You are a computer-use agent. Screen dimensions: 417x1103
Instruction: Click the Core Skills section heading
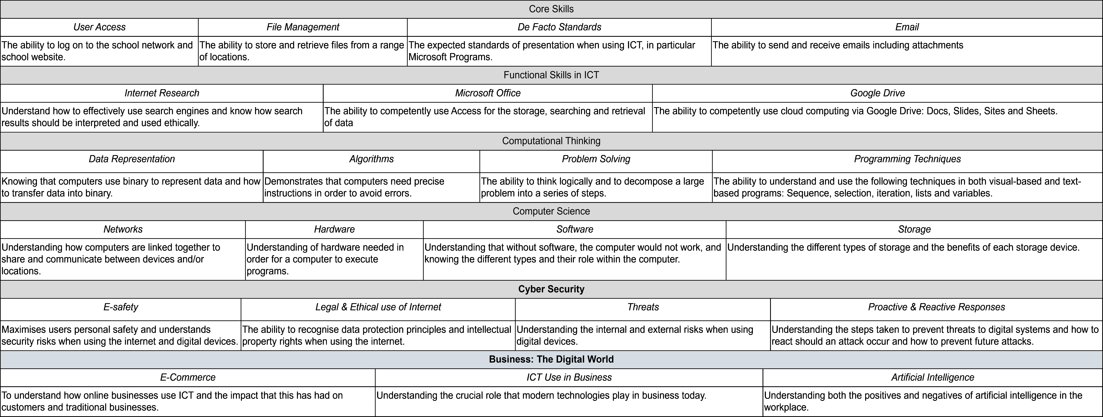coord(551,9)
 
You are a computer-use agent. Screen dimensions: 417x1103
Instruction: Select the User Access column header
coord(99,27)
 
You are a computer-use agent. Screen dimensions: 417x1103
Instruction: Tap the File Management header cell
coord(303,27)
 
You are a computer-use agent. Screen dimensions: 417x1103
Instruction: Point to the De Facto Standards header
coord(559,27)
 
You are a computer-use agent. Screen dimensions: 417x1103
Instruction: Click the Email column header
coord(907,27)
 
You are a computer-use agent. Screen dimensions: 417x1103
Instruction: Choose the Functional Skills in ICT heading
coord(551,75)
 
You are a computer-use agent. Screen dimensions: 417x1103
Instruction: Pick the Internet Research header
coord(162,93)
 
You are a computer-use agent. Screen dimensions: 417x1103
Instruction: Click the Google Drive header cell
coord(877,93)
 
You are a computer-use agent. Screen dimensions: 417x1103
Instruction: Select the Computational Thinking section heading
coord(551,141)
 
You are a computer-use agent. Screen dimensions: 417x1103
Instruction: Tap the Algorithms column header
coord(371,159)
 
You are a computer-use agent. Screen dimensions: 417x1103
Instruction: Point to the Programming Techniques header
coord(907,159)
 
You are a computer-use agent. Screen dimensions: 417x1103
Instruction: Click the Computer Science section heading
coord(551,211)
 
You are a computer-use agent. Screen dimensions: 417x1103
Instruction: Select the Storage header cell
coord(914,229)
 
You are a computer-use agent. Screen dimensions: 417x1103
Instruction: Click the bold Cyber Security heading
coord(551,289)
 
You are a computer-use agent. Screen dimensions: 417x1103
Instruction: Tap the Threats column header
coord(643,307)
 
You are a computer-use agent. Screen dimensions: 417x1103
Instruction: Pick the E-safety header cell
coord(121,307)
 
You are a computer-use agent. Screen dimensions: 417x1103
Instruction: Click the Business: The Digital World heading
coord(551,360)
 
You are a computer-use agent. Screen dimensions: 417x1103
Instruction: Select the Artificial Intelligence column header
coord(933,378)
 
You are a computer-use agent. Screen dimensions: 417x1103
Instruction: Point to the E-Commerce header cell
coord(188,378)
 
